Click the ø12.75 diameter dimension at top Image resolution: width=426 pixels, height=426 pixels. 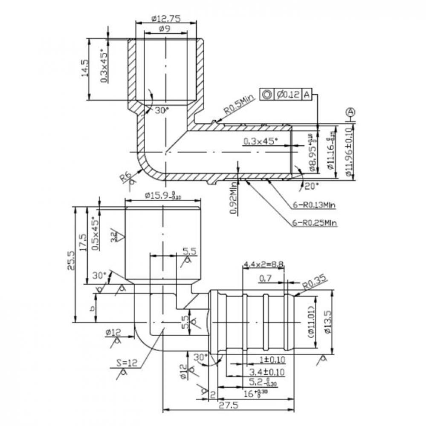click(166, 18)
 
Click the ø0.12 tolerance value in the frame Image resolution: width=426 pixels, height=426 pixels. click(287, 95)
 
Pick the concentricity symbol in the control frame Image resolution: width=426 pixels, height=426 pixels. click(267, 95)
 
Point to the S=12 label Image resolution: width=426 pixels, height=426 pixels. click(127, 363)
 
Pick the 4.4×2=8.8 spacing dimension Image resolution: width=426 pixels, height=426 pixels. click(263, 265)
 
